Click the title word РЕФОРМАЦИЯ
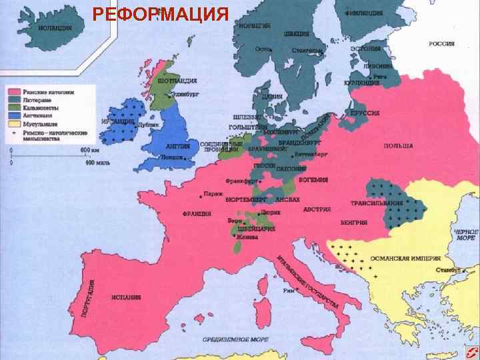[x=160, y=14]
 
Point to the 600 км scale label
[x=89, y=150]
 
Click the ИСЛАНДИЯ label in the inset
[x=56, y=29]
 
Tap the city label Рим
[x=289, y=291]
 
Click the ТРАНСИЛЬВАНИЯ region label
[x=377, y=203]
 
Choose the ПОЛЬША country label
[x=398, y=146]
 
